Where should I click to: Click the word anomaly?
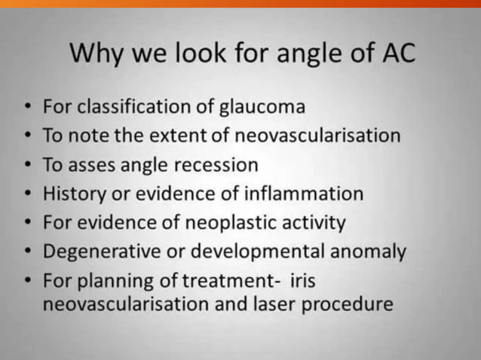(x=369, y=252)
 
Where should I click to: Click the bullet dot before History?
(x=27, y=194)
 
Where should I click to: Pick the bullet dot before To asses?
(x=27, y=165)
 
